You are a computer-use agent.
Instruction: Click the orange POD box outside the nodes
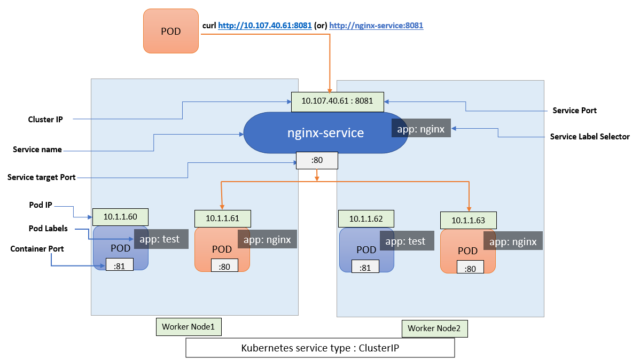171,31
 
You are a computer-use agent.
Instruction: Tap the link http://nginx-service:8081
376,25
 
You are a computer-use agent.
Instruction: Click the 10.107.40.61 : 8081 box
337,101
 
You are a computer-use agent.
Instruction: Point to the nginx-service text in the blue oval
326,132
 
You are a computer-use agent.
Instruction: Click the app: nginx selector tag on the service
421,128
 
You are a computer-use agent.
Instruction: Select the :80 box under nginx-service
317,160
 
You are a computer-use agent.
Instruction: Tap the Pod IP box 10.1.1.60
120,217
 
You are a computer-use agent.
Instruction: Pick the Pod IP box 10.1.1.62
366,218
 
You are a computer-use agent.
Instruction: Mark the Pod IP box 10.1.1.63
468,220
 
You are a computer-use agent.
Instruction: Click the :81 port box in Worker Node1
120,265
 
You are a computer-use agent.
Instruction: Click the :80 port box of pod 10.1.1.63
470,269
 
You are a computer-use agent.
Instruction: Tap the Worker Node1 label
188,327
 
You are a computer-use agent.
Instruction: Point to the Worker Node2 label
434,328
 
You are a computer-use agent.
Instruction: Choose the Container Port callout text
37,249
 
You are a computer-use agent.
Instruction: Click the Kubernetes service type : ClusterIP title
319,348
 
